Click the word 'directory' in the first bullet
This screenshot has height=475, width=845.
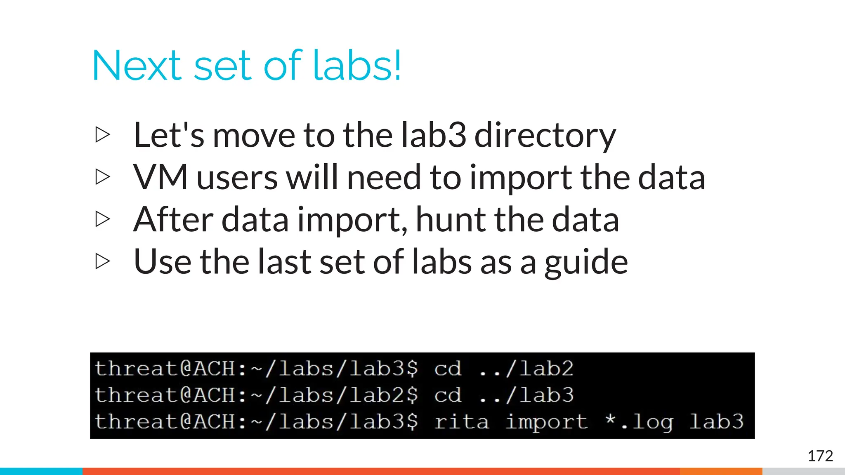coord(545,136)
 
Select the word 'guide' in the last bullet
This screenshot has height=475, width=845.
coord(586,263)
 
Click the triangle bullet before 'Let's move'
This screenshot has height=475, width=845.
coord(102,135)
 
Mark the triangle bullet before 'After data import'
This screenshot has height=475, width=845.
coord(102,219)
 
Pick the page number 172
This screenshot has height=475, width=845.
coord(820,456)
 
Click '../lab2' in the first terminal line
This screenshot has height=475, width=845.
coord(526,368)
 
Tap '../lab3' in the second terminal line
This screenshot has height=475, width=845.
coord(526,395)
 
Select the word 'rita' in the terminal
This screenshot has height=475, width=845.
coord(461,421)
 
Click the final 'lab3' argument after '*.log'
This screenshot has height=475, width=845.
coord(716,421)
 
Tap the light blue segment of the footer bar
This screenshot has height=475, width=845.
coord(41,471)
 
